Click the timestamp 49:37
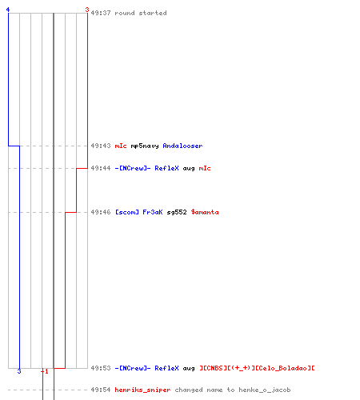pos(101,13)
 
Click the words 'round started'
pos(141,13)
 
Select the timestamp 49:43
pos(101,146)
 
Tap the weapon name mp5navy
pos(145,146)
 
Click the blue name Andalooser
pos(182,146)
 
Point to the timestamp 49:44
pos(101,168)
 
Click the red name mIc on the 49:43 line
pos(121,146)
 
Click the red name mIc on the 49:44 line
pos(205,168)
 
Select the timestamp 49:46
pos(101,212)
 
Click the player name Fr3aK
pos(153,212)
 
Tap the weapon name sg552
pos(177,213)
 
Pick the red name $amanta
pos(205,212)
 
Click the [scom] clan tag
pos(127,212)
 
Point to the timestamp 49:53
pos(101,368)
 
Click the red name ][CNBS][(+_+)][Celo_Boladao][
pos(257,368)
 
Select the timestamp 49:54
pos(101,390)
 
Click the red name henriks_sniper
pos(142,390)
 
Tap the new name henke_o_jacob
pos(265,390)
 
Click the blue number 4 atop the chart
pos(8,10)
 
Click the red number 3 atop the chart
pos(87,10)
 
